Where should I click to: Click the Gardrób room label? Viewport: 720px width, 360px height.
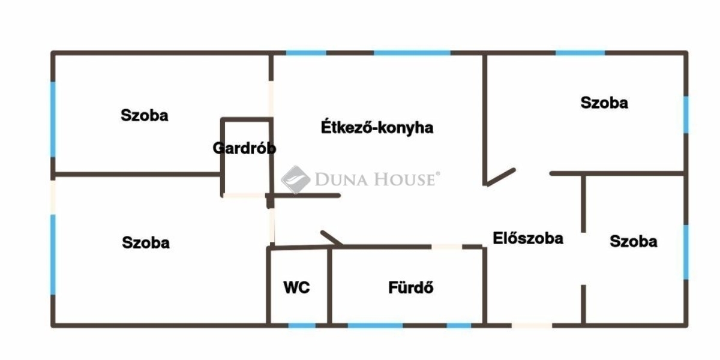(x=244, y=148)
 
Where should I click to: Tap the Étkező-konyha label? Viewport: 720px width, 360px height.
(x=377, y=128)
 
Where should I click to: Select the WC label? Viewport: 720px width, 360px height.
(x=296, y=287)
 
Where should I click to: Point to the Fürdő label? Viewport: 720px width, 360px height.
(x=411, y=287)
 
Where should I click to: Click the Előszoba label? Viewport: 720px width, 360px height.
(x=528, y=238)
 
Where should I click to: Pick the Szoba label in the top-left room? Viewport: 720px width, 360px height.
(x=145, y=115)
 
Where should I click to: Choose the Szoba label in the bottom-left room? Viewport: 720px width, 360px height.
(x=146, y=242)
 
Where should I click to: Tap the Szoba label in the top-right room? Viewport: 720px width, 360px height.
(x=604, y=103)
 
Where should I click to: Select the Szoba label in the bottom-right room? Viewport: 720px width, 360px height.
(x=633, y=241)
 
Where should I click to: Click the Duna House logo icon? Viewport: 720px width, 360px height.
(x=295, y=178)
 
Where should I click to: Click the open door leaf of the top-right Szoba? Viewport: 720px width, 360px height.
(x=500, y=176)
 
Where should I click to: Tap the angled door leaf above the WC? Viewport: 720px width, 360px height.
(x=332, y=238)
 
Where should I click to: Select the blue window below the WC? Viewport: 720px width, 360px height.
(x=302, y=325)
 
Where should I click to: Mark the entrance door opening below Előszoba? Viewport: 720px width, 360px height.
(x=532, y=325)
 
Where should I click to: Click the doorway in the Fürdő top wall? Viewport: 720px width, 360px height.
(x=446, y=246)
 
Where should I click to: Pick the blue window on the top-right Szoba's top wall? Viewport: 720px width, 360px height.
(x=580, y=53)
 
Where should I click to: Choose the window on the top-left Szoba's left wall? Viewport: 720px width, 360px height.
(x=53, y=119)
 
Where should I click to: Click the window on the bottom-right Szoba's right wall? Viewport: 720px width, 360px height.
(x=686, y=252)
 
